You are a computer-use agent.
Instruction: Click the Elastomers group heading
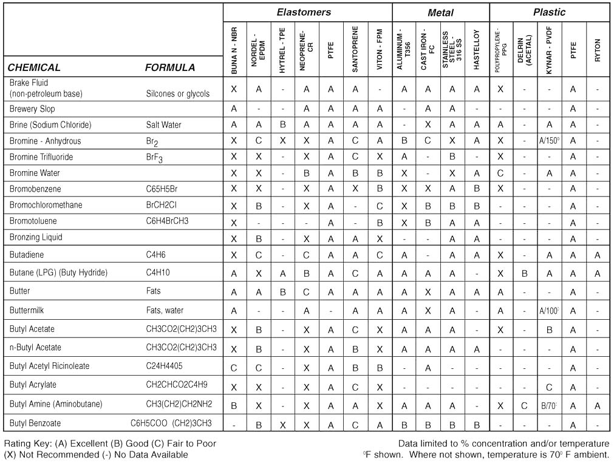pos(304,12)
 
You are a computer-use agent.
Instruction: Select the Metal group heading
pos(440,12)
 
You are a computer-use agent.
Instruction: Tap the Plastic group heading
pos(549,12)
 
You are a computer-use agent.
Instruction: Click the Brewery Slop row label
pos(32,109)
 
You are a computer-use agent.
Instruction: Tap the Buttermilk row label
pos(28,311)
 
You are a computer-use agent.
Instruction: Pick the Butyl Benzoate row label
pos(35,423)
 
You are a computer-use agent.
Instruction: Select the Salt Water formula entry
pos(163,125)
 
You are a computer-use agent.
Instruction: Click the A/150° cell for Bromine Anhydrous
pos(550,141)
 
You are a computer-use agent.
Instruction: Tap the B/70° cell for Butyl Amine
pos(550,405)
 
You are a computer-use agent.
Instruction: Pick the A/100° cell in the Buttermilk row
pos(550,311)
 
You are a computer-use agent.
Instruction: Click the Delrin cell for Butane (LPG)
pos(525,273)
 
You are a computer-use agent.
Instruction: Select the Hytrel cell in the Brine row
pos(282,125)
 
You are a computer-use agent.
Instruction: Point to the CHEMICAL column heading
pos(34,67)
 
